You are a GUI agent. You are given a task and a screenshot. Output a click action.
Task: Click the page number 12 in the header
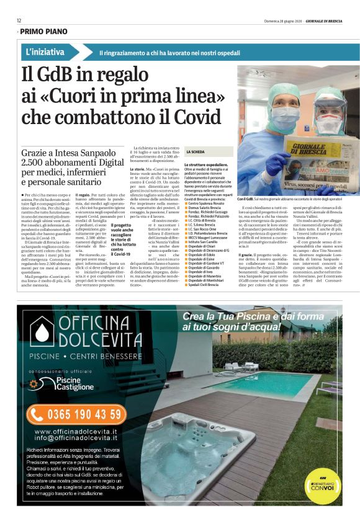(19, 20)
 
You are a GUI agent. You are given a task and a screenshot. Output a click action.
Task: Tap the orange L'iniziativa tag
(46, 53)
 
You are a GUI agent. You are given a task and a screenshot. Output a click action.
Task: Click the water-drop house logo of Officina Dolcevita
(42, 332)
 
